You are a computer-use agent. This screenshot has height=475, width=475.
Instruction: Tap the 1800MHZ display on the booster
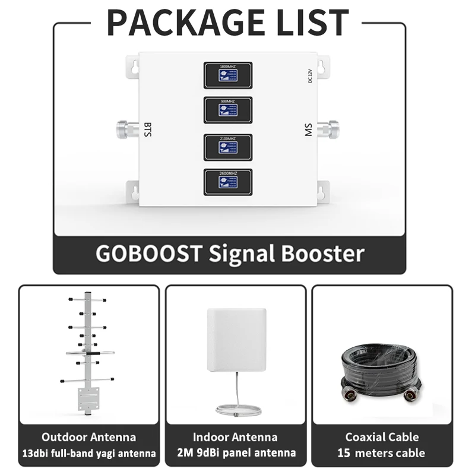click(x=228, y=75)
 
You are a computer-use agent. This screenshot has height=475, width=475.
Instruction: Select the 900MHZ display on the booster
click(x=228, y=110)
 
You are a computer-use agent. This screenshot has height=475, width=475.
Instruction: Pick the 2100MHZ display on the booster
click(x=228, y=147)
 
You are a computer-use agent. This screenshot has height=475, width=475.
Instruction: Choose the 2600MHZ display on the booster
click(x=228, y=182)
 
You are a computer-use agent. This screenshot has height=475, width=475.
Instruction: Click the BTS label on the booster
click(x=148, y=129)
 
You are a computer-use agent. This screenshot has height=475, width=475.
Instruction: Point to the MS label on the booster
click(x=308, y=129)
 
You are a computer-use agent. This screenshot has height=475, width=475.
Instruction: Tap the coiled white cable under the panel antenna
click(x=235, y=408)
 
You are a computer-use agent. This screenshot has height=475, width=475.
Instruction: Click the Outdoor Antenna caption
click(x=88, y=438)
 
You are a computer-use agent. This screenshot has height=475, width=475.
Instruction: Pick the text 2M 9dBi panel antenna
click(x=236, y=453)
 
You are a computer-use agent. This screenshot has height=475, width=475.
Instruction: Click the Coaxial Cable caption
click(x=382, y=438)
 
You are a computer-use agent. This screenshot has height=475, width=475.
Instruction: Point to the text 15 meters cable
click(x=382, y=453)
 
